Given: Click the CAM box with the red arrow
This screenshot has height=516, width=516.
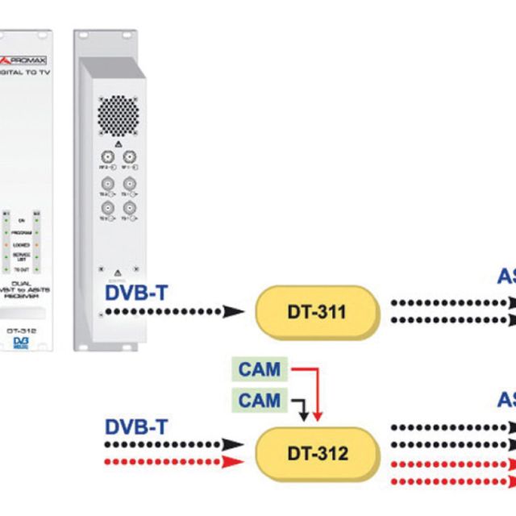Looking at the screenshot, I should tap(260, 370).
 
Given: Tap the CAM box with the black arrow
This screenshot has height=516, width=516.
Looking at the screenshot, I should tap(260, 400).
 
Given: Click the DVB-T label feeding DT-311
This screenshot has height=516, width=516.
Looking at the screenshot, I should tap(137, 291).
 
